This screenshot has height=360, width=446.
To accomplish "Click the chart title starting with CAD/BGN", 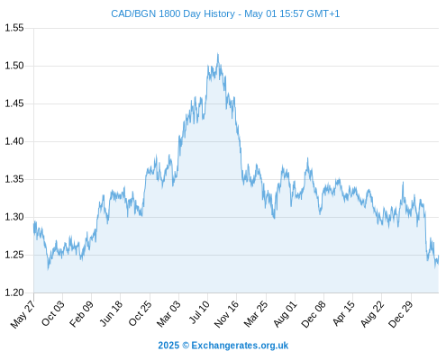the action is click(x=225, y=13).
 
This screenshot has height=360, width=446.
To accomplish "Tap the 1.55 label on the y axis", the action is click(x=14, y=28).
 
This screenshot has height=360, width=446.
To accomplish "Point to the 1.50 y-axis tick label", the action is click(x=14, y=66).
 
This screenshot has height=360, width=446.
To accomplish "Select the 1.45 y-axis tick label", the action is click(x=14, y=103).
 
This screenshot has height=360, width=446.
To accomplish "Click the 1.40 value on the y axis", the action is click(x=14, y=141).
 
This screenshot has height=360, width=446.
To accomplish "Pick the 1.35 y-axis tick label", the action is click(x=14, y=179).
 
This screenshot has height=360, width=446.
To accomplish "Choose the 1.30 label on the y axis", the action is click(x=14, y=217).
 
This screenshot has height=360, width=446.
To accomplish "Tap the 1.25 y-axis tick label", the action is click(x=14, y=255).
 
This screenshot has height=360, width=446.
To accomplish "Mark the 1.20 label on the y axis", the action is click(x=14, y=292).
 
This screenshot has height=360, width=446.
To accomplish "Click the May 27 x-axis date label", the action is click(x=23, y=314).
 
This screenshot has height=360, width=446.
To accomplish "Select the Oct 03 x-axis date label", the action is click(x=53, y=313).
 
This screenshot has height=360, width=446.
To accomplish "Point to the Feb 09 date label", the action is click(x=81, y=314).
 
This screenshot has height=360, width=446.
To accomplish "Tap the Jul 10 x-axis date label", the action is click(x=199, y=312).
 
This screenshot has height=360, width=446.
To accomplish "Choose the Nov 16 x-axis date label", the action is click(x=226, y=314).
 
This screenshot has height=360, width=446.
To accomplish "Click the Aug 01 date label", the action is click(x=285, y=314).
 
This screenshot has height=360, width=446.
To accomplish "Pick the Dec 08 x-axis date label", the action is click(x=314, y=314).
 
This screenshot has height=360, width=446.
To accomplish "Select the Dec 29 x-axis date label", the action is click(x=401, y=314).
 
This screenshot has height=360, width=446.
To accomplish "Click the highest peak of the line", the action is click(x=218, y=54).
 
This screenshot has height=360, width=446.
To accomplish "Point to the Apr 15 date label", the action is click(x=343, y=313).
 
